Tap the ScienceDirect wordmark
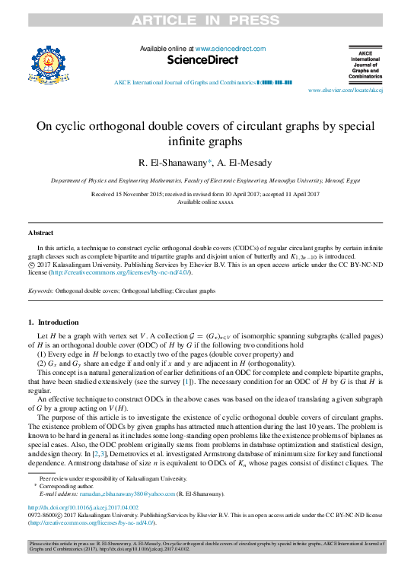click(x=202, y=59)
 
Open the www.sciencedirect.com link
click(x=227, y=47)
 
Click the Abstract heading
click(x=40, y=233)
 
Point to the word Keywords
click(x=40, y=290)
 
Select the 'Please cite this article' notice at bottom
click(x=206, y=548)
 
